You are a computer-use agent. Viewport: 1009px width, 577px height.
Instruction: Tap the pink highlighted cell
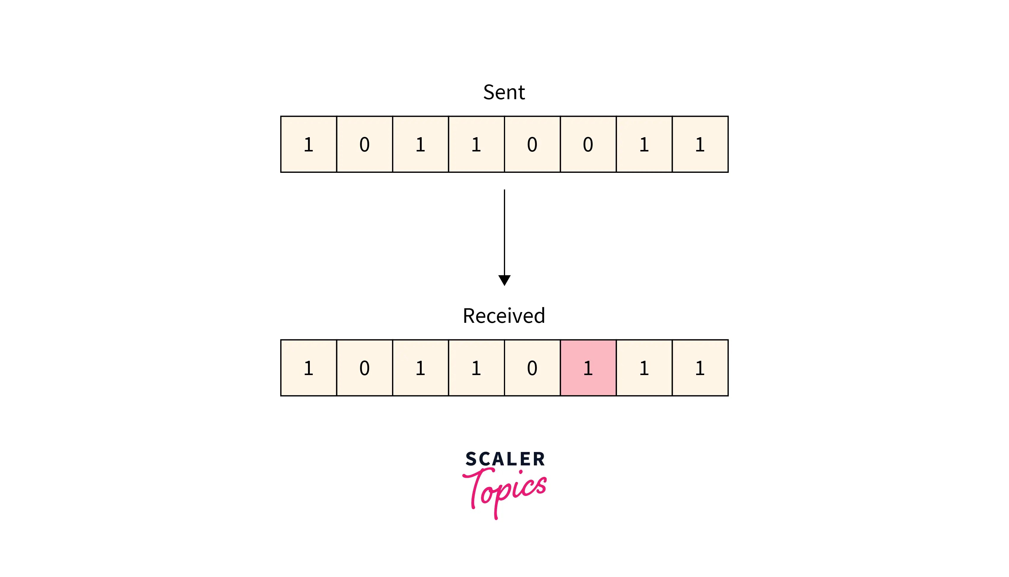pos(588,368)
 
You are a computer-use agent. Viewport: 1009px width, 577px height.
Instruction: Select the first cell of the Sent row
pos(308,144)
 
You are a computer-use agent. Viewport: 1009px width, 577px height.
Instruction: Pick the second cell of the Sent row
pos(364,144)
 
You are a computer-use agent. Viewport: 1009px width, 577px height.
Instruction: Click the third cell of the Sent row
pos(420,144)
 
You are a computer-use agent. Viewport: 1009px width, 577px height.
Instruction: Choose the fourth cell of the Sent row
pos(476,144)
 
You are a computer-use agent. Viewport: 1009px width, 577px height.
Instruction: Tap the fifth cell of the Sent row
pos(532,144)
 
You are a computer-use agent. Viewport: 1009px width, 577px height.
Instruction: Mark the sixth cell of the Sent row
pos(588,144)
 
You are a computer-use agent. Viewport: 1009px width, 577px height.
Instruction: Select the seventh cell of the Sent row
pos(644,144)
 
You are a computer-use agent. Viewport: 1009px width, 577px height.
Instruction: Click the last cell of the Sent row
pos(700,144)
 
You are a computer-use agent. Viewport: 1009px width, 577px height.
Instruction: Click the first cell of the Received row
pos(308,368)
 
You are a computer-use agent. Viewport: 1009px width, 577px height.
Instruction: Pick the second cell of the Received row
pos(364,368)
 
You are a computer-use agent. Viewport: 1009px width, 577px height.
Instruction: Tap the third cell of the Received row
pos(420,368)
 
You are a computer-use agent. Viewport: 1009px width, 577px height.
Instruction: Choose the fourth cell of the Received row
pos(476,368)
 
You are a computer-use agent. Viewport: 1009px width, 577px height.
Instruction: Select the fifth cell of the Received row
pos(532,368)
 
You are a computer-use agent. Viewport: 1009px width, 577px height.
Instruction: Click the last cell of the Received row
pos(700,368)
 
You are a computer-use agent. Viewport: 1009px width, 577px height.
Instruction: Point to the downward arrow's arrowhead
pos(504,280)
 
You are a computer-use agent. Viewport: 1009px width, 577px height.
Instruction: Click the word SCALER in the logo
pos(505,459)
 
